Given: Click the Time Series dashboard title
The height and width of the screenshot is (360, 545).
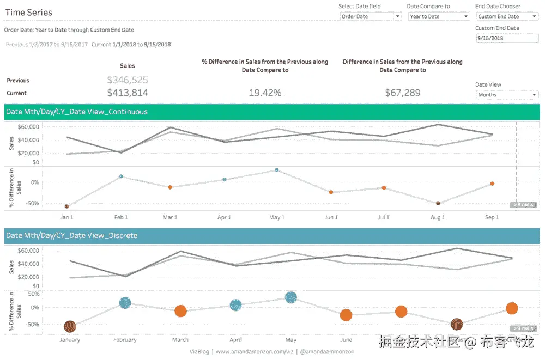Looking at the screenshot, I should coord(29,13).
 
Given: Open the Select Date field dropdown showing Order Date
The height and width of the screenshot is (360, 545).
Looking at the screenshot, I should coord(371,16).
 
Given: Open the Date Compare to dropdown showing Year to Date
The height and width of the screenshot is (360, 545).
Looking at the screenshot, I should coord(439,16).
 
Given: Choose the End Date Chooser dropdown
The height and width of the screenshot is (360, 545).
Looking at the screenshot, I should coord(507,16).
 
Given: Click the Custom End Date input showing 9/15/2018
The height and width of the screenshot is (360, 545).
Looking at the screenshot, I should coord(506,38).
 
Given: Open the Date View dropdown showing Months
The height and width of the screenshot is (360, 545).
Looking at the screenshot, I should coord(507,95).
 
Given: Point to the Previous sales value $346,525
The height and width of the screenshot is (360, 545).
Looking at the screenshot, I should coord(128,80).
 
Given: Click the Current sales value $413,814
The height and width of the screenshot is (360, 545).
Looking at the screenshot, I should coord(128,93).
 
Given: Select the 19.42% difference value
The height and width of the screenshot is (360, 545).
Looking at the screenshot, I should coord(265,93).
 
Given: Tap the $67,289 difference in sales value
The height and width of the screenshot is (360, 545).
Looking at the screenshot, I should coord(403,93).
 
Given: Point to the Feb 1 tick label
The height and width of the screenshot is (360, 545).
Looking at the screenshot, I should coord(120,218).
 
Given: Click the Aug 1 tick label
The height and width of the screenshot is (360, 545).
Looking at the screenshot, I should coord(438,218).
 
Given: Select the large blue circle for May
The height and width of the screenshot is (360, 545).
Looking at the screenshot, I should coord(291,297).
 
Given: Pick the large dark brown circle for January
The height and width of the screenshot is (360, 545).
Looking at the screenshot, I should coord(70,327).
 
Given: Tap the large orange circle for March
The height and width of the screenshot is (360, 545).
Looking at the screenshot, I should coord(180,311).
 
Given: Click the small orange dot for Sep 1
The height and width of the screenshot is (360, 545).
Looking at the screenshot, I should coord(492,184).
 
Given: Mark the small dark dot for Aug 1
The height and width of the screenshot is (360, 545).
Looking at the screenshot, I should coord(438,203).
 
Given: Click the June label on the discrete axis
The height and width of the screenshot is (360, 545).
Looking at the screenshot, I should coord(346,340).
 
